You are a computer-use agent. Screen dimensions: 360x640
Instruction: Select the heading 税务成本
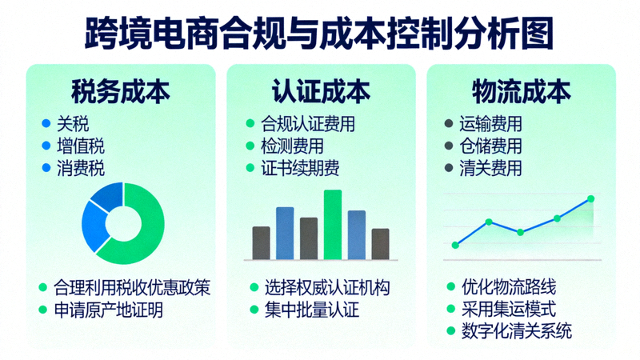[x=120, y=90]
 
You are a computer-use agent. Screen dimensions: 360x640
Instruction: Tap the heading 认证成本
[x=321, y=90]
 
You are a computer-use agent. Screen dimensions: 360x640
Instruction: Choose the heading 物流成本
[x=521, y=90]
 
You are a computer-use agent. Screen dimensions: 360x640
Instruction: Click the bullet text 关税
[x=73, y=124]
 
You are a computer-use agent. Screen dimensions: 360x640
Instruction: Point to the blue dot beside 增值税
[x=46, y=146]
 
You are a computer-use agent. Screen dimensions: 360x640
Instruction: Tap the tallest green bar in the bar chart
[x=332, y=224]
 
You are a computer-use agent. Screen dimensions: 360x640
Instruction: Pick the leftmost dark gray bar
[x=261, y=242]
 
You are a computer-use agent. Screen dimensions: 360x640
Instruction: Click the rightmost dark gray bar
[x=380, y=243]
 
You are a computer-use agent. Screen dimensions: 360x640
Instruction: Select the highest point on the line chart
[x=591, y=198]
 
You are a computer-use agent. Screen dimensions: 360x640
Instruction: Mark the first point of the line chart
[x=455, y=245]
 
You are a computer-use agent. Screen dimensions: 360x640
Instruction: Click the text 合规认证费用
[x=307, y=124]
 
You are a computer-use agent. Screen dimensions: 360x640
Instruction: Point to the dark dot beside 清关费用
[x=449, y=169]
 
